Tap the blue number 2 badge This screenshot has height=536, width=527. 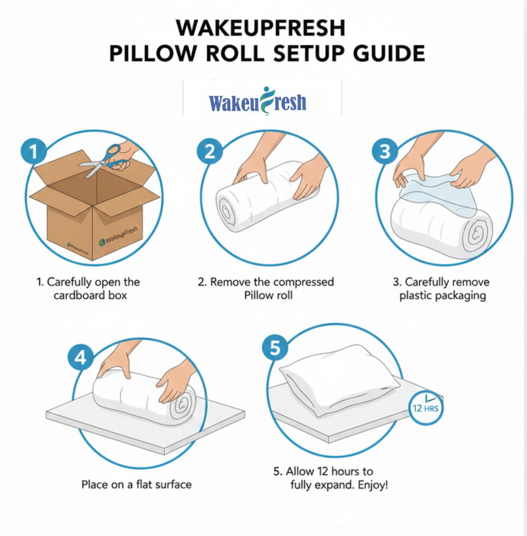209,151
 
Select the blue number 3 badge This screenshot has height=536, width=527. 385,151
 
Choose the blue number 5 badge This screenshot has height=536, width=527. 275,348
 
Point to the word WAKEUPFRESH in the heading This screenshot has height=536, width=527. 261,28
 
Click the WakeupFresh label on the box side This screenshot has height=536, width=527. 120,238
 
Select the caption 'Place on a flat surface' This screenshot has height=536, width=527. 136,484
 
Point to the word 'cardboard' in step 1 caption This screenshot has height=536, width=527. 80,295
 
